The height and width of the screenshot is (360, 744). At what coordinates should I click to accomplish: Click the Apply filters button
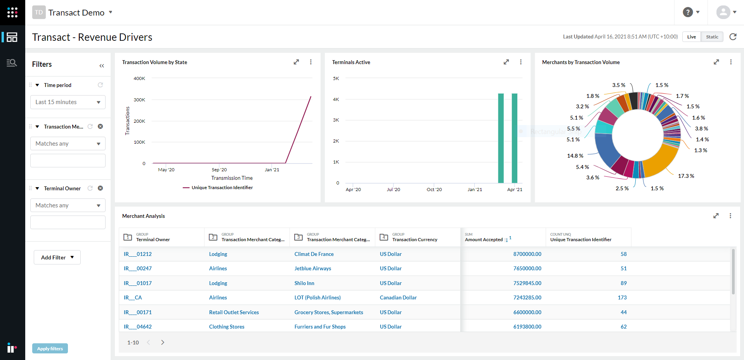pyautogui.click(x=50, y=348)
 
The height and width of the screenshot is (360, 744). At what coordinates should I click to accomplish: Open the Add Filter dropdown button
pyautogui.click(x=57, y=257)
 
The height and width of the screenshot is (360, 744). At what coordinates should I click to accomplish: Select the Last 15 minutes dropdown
pyautogui.click(x=68, y=102)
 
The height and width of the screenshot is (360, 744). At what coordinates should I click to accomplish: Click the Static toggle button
pyautogui.click(x=712, y=37)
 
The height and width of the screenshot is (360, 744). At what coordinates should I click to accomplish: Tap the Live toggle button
pyautogui.click(x=691, y=37)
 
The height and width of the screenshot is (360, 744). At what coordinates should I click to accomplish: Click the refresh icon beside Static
pyautogui.click(x=733, y=37)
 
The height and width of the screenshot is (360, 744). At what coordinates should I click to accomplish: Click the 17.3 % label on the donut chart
pyautogui.click(x=686, y=176)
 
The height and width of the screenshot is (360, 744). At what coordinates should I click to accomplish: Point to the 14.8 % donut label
pyautogui.click(x=575, y=156)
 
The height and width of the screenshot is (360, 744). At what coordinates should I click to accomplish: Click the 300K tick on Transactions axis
pyautogui.click(x=139, y=100)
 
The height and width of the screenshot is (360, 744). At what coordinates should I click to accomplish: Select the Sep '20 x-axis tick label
pyautogui.click(x=219, y=170)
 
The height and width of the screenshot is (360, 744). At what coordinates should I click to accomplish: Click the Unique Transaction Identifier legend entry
pyautogui.click(x=222, y=188)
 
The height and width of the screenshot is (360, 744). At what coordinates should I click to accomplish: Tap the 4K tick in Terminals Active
pyautogui.click(x=336, y=99)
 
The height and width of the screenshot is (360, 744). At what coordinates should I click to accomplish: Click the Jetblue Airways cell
pyautogui.click(x=312, y=268)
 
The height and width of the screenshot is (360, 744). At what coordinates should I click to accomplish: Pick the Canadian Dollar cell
pyautogui.click(x=398, y=297)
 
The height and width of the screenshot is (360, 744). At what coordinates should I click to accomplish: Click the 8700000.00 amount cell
pyautogui.click(x=527, y=254)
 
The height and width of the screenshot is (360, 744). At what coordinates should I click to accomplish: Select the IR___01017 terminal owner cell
pyautogui.click(x=137, y=283)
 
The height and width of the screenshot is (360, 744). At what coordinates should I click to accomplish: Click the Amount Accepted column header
pyautogui.click(x=484, y=240)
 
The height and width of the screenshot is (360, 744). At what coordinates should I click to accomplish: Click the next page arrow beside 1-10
pyautogui.click(x=163, y=343)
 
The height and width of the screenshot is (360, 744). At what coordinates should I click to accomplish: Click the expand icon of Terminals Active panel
pyautogui.click(x=506, y=62)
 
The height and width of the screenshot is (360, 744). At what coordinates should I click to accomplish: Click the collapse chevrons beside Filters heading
pyautogui.click(x=102, y=66)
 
